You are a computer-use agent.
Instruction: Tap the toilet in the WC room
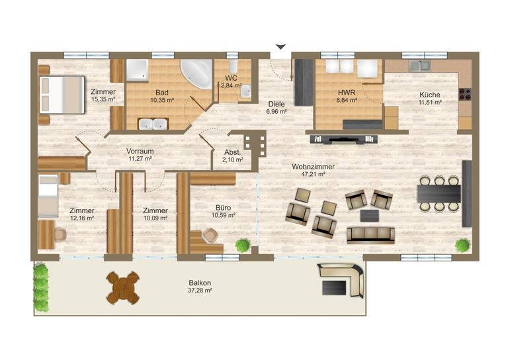coord(233,66)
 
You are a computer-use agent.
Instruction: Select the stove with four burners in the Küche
coord(465,94)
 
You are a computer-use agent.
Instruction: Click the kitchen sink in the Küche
coord(419,66)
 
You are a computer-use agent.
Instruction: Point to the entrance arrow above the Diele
coord(280,47)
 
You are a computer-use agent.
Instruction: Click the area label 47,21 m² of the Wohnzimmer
coord(313,174)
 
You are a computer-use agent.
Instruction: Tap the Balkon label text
coord(200,283)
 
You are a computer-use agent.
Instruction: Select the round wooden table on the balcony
coord(123,288)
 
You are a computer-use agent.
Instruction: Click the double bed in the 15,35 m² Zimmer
coord(62,95)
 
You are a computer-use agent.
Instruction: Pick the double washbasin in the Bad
coord(153,124)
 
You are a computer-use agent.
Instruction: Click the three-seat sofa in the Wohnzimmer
coord(370,235)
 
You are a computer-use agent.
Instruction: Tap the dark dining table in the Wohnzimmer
coord(439,193)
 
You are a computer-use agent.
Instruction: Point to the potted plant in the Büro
coord(243,246)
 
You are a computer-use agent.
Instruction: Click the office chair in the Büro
coord(210,235)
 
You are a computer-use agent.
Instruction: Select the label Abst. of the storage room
coord(233,152)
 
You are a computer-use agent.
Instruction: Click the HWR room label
coord(347,93)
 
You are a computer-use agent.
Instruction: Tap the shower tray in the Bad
coord(137,69)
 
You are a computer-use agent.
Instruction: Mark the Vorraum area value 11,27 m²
coord(140,159)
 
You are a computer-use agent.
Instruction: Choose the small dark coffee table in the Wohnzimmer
coord(370,216)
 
